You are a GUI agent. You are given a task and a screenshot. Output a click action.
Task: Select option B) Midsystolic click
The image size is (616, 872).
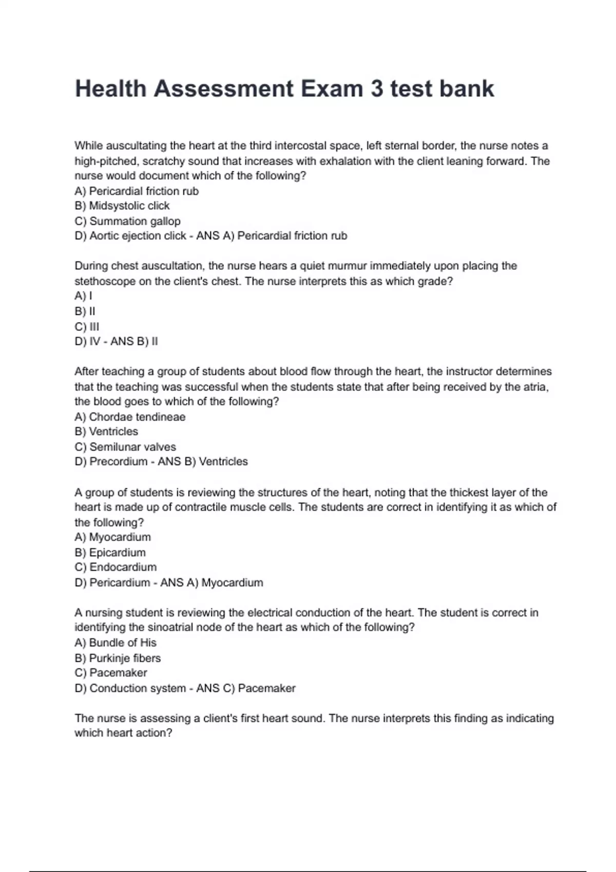point(122,206)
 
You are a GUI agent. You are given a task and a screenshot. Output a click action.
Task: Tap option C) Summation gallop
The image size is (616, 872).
point(127,221)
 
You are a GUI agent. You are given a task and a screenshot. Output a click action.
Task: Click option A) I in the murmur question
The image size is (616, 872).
point(83,296)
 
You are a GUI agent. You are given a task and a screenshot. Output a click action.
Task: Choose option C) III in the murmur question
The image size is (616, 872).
point(87,327)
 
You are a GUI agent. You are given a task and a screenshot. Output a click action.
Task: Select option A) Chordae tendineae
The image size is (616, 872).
point(130,417)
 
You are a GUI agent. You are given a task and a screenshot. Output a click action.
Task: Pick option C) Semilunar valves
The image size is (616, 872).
point(125,447)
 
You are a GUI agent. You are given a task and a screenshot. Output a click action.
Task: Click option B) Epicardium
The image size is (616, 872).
point(110,552)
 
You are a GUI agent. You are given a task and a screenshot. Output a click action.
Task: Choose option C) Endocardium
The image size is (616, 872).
point(115,567)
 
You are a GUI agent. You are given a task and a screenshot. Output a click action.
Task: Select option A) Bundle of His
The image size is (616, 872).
point(115,643)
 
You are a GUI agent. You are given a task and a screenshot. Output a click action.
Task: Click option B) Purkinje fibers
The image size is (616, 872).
point(118,658)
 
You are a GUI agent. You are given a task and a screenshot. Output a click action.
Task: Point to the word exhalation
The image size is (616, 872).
point(345,161)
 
